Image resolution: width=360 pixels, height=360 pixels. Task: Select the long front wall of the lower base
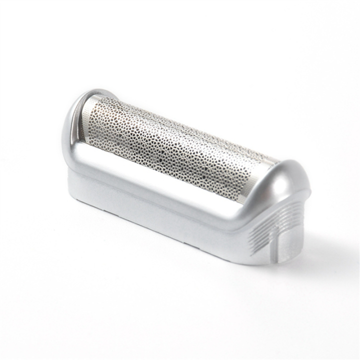pos(150,220)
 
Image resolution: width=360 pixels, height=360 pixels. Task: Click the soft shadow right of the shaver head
pos(320,250)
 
